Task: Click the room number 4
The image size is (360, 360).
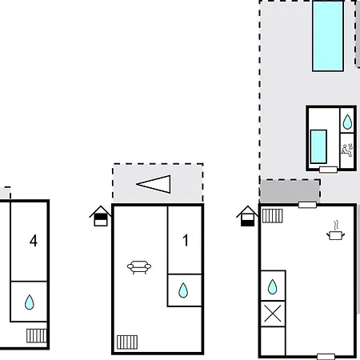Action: click(x=34, y=241)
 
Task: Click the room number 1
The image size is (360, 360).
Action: click(x=186, y=240)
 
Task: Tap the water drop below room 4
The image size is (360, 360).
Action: click(x=30, y=302)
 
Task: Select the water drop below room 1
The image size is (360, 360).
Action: click(x=183, y=290)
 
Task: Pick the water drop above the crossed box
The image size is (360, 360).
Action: click(x=272, y=286)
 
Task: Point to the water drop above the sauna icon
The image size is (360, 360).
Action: click(x=347, y=122)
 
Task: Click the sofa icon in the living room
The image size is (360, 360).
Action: click(x=139, y=267)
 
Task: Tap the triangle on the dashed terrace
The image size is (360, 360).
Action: click(x=154, y=184)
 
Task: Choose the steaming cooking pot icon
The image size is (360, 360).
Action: click(x=335, y=230)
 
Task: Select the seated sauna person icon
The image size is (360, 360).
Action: click(x=347, y=150)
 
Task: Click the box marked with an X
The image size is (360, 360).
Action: click(x=273, y=314)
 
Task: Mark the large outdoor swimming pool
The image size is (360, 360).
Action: click(x=328, y=36)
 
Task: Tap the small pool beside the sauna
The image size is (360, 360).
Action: click(x=318, y=146)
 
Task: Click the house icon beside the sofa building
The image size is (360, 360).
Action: click(x=100, y=216)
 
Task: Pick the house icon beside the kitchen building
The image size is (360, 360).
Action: click(x=247, y=216)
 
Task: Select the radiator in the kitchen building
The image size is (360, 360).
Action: click(x=272, y=216)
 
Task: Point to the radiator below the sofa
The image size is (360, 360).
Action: click(x=127, y=342)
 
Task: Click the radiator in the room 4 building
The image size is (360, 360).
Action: click(x=37, y=335)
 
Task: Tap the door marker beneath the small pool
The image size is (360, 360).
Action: click(x=328, y=170)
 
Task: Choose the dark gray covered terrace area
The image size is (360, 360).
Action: click(x=290, y=191)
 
